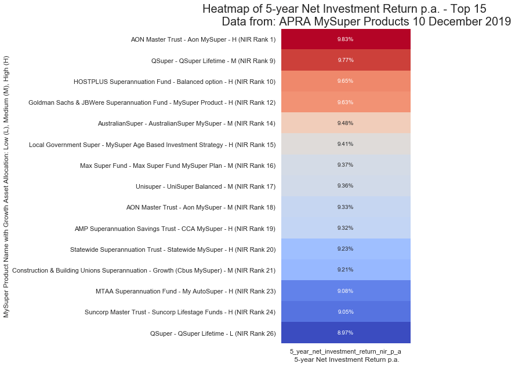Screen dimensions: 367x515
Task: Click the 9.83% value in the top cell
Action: click(x=345, y=39)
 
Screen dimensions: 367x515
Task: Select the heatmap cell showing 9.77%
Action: click(x=346, y=60)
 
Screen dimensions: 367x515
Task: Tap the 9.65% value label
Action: click(x=345, y=81)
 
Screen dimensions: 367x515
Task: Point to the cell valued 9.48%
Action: click(x=345, y=123)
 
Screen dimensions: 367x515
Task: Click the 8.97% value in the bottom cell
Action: click(x=345, y=333)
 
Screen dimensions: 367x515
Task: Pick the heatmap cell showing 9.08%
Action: click(x=345, y=291)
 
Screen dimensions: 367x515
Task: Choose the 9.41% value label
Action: click(x=345, y=144)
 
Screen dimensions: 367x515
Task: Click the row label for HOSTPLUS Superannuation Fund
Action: click(x=175, y=82)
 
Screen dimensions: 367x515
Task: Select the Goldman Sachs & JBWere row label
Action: click(x=152, y=102)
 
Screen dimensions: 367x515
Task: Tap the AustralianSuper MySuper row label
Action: click(x=187, y=123)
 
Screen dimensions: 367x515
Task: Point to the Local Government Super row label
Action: click(x=152, y=144)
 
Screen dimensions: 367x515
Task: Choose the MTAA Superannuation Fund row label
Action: click(x=186, y=291)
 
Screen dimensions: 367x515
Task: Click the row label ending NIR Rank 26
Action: click(x=213, y=333)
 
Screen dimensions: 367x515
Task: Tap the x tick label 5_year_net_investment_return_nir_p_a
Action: click(x=346, y=351)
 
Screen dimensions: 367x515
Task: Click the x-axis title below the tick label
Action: click(x=346, y=359)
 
